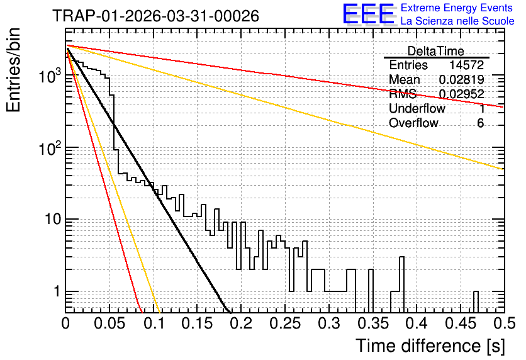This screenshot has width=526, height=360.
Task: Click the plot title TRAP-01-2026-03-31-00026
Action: (156, 16)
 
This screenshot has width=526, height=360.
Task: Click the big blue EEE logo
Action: (368, 14)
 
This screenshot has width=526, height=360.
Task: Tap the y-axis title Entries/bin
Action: (13, 70)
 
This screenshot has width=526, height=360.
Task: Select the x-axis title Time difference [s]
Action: (430, 346)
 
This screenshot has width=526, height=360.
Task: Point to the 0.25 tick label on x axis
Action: (285, 323)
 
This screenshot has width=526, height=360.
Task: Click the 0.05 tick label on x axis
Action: (109, 323)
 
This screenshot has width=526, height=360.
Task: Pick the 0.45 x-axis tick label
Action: (461, 323)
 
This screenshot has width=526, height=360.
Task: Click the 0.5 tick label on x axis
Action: (504, 323)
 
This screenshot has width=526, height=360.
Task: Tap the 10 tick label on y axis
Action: (53, 220)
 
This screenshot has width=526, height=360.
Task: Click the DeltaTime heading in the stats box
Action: (436, 51)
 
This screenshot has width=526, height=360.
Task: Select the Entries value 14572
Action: (467, 65)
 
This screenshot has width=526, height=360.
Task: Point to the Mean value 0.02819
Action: (462, 79)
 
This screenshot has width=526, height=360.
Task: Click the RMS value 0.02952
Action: (462, 94)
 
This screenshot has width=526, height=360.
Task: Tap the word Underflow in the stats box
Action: (417, 108)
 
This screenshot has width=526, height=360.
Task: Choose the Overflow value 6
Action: (480, 123)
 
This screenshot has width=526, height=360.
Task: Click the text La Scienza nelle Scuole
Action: (457, 21)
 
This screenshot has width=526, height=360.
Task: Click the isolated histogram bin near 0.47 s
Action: (476, 302)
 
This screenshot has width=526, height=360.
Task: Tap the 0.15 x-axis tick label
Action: (198, 323)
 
